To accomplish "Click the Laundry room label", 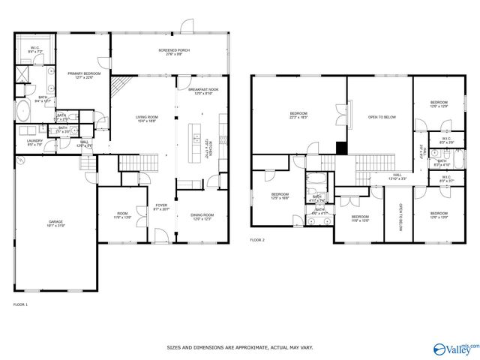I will point(34,142).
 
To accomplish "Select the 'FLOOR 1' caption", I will point(20,304).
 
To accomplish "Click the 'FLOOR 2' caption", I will point(257,240).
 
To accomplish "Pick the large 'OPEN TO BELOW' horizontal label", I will point(381,117).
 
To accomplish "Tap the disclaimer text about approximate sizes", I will point(239,348).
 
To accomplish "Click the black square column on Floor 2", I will point(341,148).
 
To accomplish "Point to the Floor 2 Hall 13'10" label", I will point(397,177).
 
